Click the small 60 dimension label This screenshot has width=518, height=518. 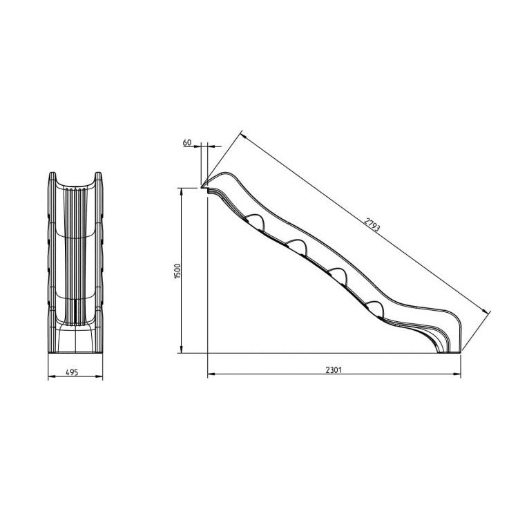186,142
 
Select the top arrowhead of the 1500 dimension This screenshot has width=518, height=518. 182,191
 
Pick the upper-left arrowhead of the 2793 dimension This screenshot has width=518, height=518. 242,132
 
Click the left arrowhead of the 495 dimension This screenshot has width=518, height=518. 50,378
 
